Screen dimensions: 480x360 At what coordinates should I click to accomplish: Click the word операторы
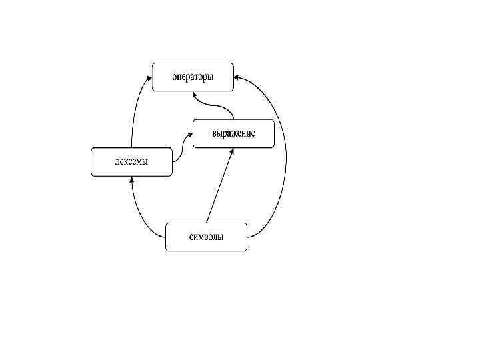pyautogui.click(x=193, y=77)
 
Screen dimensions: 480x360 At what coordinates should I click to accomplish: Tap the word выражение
pyautogui.click(x=233, y=133)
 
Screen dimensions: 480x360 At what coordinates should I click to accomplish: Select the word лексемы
pyautogui.click(x=131, y=162)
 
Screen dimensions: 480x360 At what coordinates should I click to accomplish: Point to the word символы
pyautogui.click(x=206, y=237)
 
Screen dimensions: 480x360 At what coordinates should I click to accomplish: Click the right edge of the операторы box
pyautogui.click(x=233, y=77)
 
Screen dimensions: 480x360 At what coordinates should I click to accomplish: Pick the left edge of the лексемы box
pyautogui.click(x=91, y=162)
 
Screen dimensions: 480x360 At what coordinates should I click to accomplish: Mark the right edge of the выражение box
pyautogui.click(x=274, y=133)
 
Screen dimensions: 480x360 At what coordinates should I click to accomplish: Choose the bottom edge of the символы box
pyautogui.click(x=206, y=251)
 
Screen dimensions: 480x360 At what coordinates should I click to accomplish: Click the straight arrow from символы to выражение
pyautogui.click(x=220, y=187)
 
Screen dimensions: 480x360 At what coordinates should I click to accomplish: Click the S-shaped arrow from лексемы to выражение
pyautogui.click(x=182, y=148)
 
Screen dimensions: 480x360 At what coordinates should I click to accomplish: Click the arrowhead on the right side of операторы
pyautogui.click(x=238, y=78)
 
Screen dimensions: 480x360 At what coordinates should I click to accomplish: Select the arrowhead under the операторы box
pyautogui.click(x=195, y=95)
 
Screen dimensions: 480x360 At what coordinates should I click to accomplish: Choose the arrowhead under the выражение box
pyautogui.click(x=233, y=151)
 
